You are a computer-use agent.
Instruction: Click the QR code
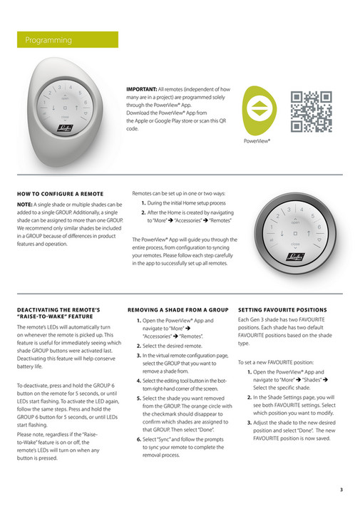point(312,112)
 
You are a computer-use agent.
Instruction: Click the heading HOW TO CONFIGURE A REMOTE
point(59,194)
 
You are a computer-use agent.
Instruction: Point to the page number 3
point(341,489)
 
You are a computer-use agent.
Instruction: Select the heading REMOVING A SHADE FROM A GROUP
point(178,309)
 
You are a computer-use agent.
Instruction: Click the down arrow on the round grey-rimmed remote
point(284,233)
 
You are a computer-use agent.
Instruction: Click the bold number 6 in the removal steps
point(139,439)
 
